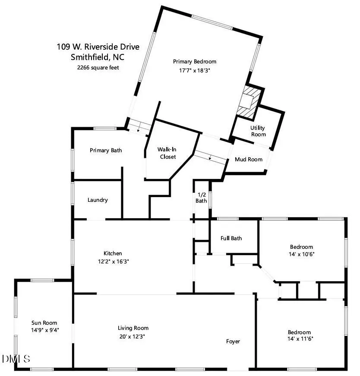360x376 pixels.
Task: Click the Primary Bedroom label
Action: click(x=195, y=62)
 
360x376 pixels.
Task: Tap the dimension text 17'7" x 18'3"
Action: click(x=195, y=70)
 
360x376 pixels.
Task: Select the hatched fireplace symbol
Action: click(x=249, y=102)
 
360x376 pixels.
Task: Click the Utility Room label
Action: click(x=258, y=131)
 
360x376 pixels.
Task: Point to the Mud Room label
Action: click(x=248, y=160)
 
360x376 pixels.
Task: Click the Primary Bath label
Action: click(x=106, y=150)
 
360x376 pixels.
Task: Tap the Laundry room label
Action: click(x=98, y=200)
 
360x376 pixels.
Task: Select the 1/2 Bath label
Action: click(x=201, y=197)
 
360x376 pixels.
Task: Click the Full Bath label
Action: click(x=231, y=238)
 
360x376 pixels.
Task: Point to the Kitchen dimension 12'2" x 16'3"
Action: click(x=113, y=261)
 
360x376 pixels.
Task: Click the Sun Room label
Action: click(x=44, y=323)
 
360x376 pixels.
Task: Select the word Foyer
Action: click(x=233, y=342)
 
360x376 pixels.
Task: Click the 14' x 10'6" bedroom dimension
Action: click(x=301, y=254)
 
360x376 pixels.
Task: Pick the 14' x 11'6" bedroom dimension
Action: click(x=300, y=339)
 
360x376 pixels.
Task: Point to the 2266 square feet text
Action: click(x=98, y=68)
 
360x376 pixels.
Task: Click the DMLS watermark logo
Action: click(x=16, y=359)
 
